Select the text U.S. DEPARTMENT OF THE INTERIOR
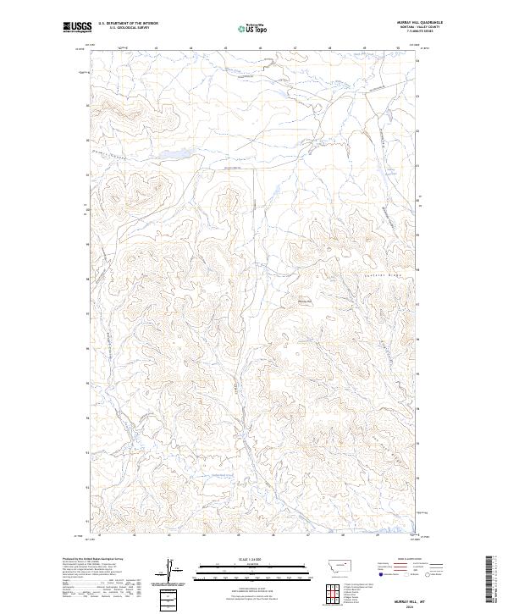tap(128, 24)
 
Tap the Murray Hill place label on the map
tap(306, 298)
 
